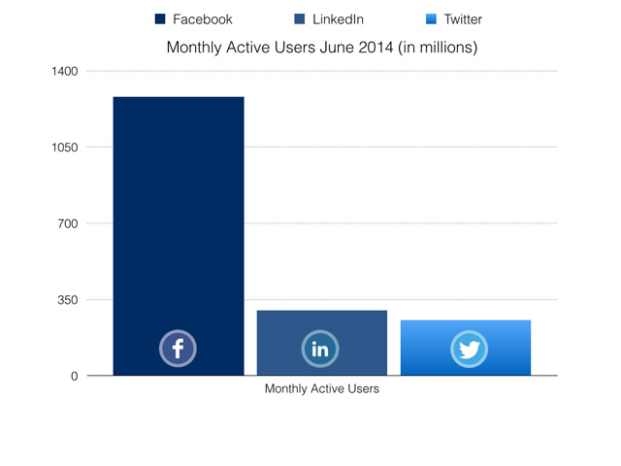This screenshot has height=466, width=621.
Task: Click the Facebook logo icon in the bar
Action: pos(179,349)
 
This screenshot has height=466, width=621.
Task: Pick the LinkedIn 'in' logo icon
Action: pos(320,349)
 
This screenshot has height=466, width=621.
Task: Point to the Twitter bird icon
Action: pos(469,349)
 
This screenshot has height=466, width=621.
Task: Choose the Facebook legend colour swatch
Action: pos(160,19)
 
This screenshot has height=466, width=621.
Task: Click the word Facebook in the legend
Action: pos(203,19)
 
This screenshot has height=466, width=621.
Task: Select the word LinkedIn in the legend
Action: pos(338,19)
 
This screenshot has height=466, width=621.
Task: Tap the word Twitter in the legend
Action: pos(463,19)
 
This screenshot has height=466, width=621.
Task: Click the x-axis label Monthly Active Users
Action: pos(321,390)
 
